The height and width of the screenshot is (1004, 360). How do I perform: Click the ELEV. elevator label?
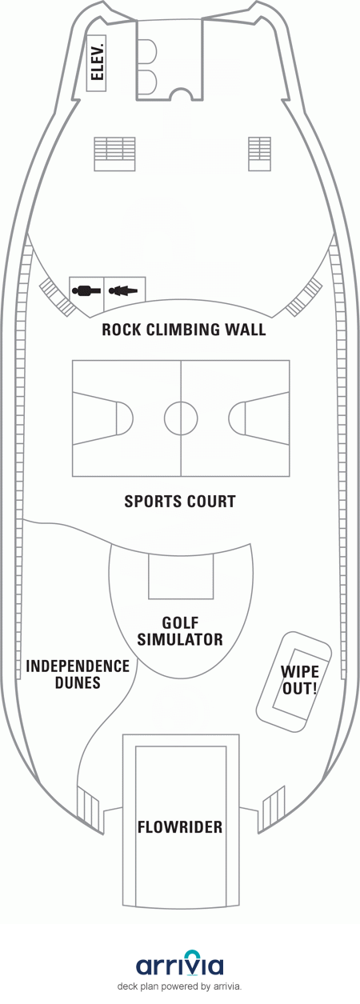click(96, 62)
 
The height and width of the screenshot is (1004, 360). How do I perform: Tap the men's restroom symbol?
click(86, 291)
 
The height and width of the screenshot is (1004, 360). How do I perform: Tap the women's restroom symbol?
click(123, 291)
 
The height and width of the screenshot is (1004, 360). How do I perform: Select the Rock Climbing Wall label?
click(184, 330)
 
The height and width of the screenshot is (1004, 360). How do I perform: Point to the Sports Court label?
click(180, 501)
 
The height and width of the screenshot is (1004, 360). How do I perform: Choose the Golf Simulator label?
click(180, 630)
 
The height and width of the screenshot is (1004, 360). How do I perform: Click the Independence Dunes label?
click(78, 674)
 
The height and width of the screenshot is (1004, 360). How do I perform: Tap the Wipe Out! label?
click(300, 680)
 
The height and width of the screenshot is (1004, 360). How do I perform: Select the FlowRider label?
click(180, 827)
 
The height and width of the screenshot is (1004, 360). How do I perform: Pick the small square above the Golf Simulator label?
click(181, 576)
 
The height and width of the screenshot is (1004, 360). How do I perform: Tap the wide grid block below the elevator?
click(114, 154)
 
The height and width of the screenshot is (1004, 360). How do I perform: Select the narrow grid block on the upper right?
click(259, 154)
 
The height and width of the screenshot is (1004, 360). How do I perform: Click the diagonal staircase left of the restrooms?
click(57, 297)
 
